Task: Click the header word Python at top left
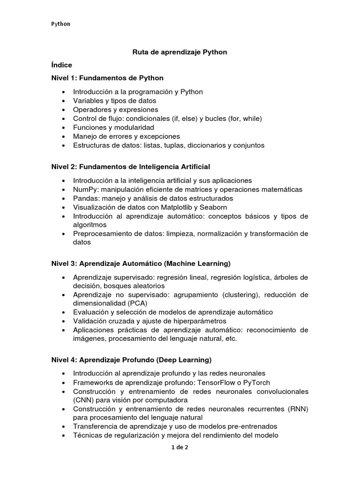(61, 24)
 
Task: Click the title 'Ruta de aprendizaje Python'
(180, 52)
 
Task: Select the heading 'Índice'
(61, 65)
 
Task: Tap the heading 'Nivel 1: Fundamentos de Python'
(107, 78)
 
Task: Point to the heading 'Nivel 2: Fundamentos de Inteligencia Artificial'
(131, 166)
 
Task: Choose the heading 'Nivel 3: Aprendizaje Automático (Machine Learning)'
(141, 264)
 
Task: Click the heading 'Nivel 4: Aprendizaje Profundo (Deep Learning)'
(131, 360)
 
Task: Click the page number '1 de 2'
(180, 447)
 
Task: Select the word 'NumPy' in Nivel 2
(83, 189)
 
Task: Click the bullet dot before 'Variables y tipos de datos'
(63, 101)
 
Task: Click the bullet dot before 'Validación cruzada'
(63, 321)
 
